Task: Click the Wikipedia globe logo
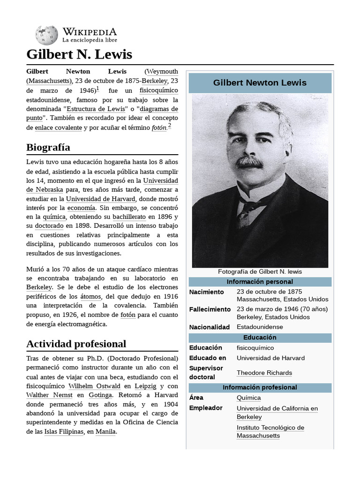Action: click(46, 35)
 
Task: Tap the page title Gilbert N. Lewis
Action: click(79, 54)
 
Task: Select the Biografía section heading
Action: click(48, 147)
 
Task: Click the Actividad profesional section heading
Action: click(76, 344)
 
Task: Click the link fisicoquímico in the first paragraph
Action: click(158, 90)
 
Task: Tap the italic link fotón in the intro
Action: click(159, 127)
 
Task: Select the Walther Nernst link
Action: click(46, 395)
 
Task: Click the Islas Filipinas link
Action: click(63, 432)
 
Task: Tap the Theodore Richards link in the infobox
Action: click(264, 373)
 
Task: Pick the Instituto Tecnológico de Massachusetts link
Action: click(270, 431)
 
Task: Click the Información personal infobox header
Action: click(260, 282)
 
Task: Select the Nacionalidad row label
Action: click(209, 327)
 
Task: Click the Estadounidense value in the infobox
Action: click(260, 327)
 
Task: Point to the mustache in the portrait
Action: click(249, 162)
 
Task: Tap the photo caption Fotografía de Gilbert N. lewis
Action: click(260, 271)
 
